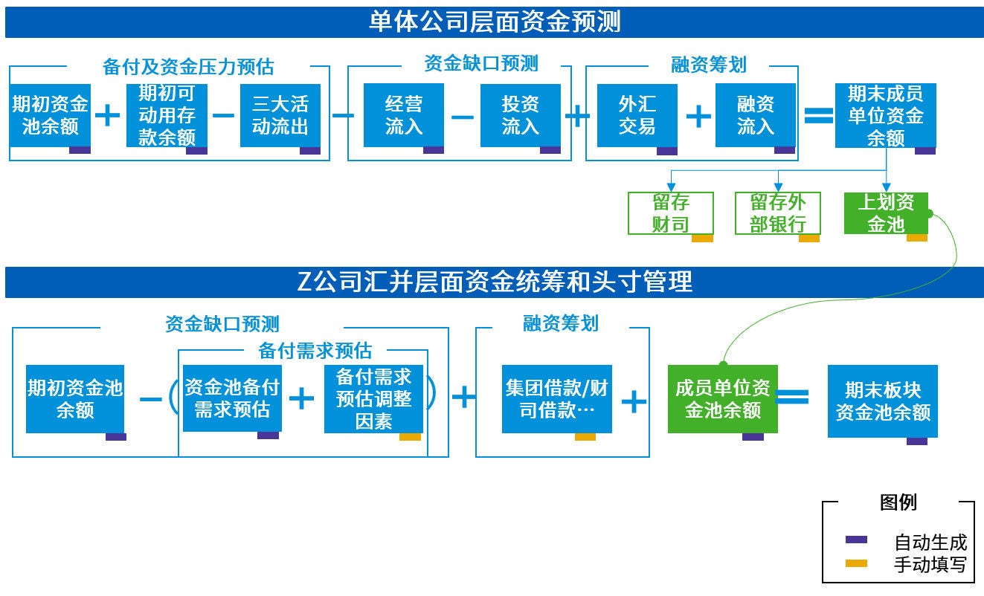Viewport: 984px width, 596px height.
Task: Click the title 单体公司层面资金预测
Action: click(494, 22)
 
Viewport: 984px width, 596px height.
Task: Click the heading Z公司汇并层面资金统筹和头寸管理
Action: click(494, 282)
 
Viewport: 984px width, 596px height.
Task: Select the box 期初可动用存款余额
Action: click(167, 115)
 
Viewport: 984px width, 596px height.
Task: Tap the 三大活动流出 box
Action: click(280, 115)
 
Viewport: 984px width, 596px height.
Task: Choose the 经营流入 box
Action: click(404, 115)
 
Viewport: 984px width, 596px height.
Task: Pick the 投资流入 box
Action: click(521, 115)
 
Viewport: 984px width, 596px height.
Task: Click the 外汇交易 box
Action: click(637, 115)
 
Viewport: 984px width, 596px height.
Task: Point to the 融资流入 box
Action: click(756, 115)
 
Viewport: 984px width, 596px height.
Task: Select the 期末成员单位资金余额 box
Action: click(886, 115)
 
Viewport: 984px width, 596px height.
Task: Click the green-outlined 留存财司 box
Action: click(671, 213)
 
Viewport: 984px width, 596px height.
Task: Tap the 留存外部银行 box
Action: click(777, 213)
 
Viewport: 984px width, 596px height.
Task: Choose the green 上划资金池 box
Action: click(886, 213)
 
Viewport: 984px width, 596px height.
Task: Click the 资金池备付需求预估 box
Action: click(232, 398)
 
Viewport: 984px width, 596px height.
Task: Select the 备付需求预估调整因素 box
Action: click(373, 398)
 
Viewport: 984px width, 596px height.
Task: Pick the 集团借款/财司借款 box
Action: click(556, 399)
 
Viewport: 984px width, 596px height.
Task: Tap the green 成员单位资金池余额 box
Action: click(722, 399)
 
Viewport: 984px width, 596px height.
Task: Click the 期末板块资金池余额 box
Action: click(883, 401)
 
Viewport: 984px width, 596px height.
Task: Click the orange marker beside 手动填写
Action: click(857, 564)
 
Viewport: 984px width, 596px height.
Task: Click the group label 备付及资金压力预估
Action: click(188, 67)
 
